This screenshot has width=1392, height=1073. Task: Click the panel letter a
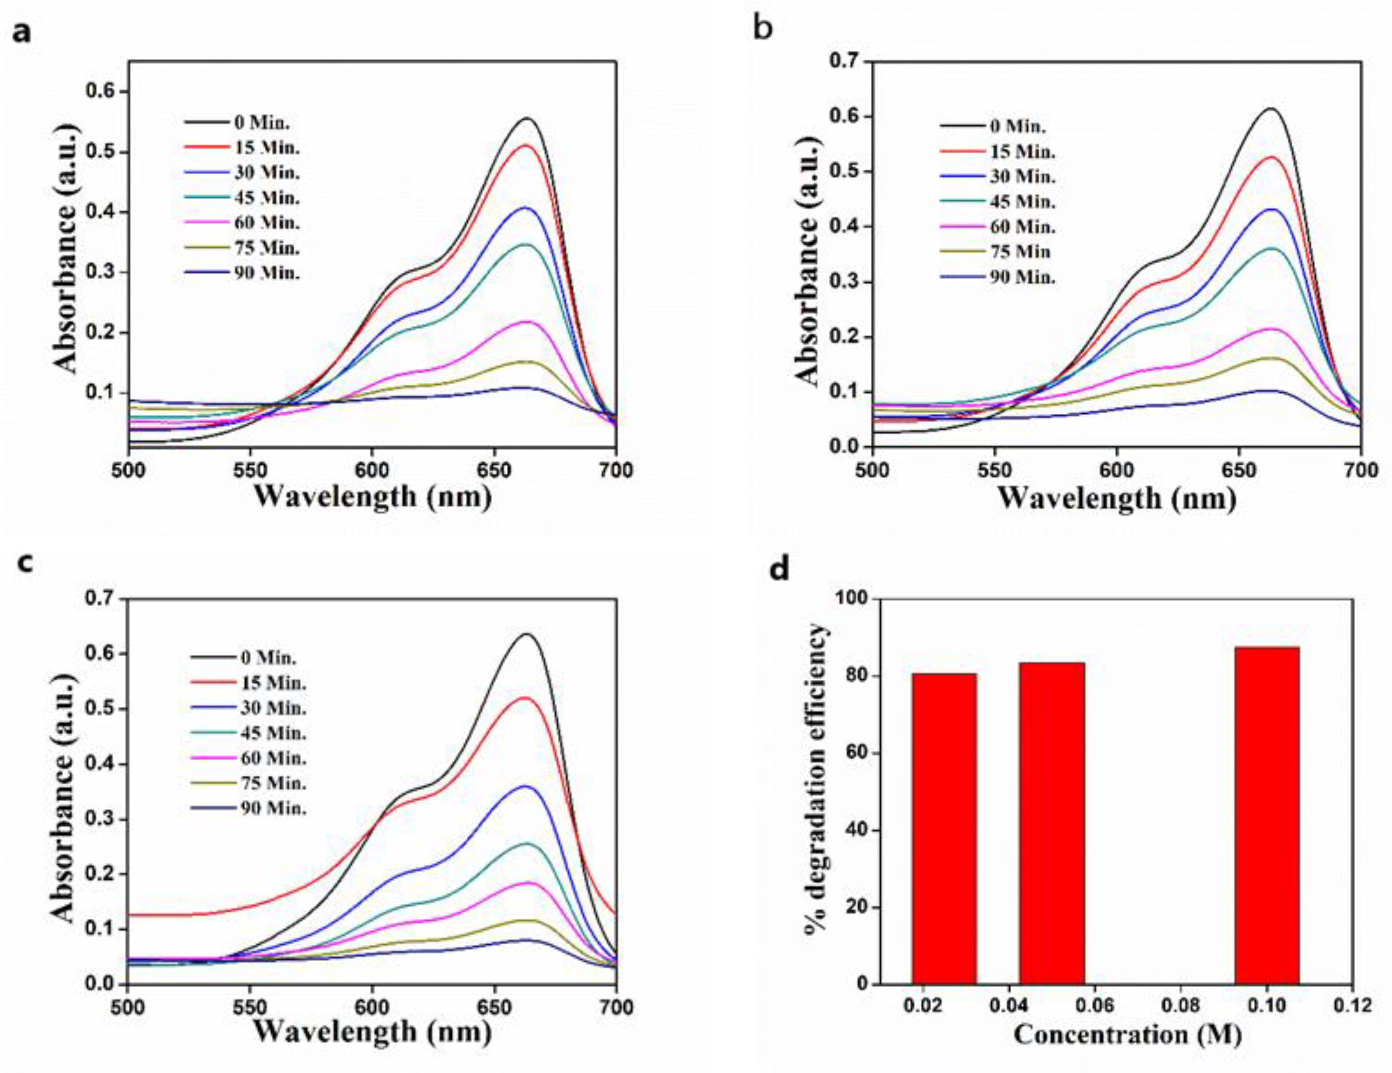click(x=22, y=32)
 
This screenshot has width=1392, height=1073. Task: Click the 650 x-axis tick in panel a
click(x=494, y=471)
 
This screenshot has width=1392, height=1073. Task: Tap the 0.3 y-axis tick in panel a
click(x=100, y=273)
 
